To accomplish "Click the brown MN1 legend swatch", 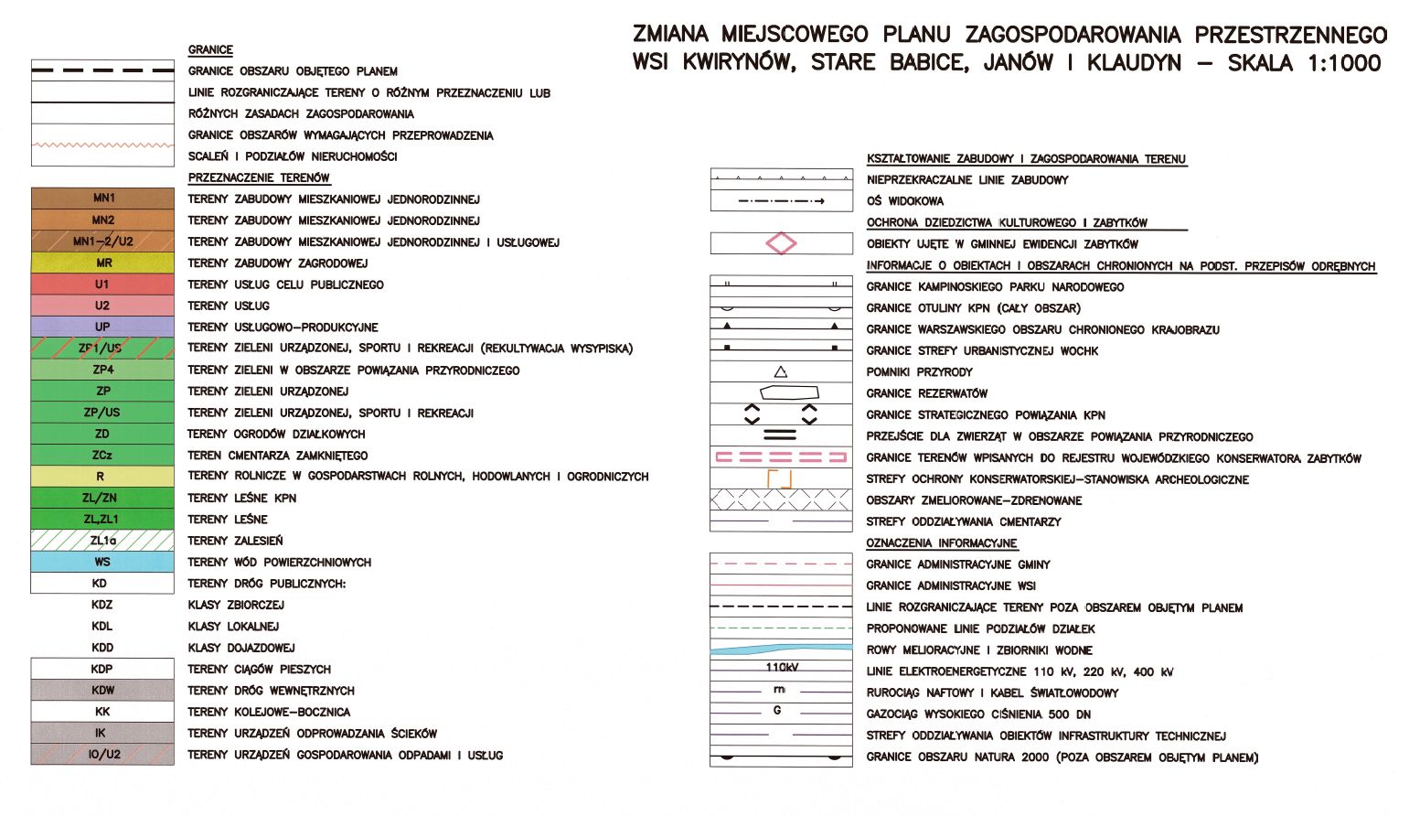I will (102, 199).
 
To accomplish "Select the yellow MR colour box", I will (102, 263).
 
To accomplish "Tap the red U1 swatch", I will (102, 285).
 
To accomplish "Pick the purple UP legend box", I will (102, 327).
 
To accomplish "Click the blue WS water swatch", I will (102, 562).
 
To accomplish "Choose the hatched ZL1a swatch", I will (102, 541).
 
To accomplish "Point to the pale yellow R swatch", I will (102, 477).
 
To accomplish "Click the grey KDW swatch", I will (102, 691).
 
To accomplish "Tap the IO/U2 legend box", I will (102, 755).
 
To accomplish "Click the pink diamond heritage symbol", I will (781, 243).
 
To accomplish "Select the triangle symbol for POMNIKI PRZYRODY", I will (781, 371).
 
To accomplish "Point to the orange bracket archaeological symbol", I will (780, 478).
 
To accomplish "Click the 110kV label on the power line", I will (782, 667).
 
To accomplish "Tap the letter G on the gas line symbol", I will (777, 710).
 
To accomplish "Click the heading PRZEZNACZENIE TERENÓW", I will (259, 177).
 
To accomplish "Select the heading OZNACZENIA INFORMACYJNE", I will (942, 543).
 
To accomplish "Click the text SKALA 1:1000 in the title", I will (1304, 63).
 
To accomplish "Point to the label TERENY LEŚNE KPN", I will (241, 498).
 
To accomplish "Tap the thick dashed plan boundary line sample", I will (102, 70).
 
